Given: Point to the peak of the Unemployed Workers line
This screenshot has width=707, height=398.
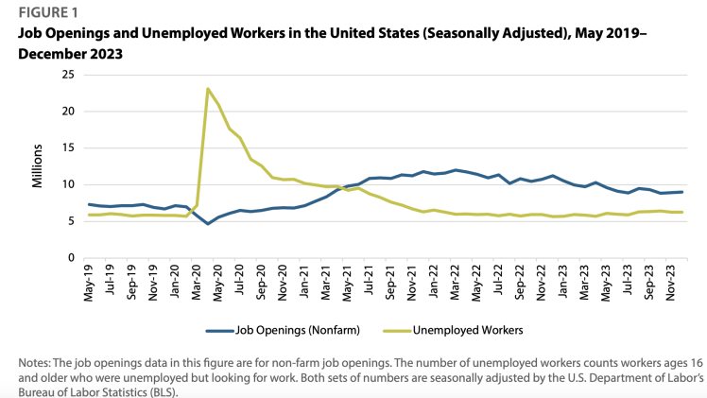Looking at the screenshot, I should point(208,89).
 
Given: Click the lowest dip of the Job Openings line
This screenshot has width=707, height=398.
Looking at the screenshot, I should point(208,223).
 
